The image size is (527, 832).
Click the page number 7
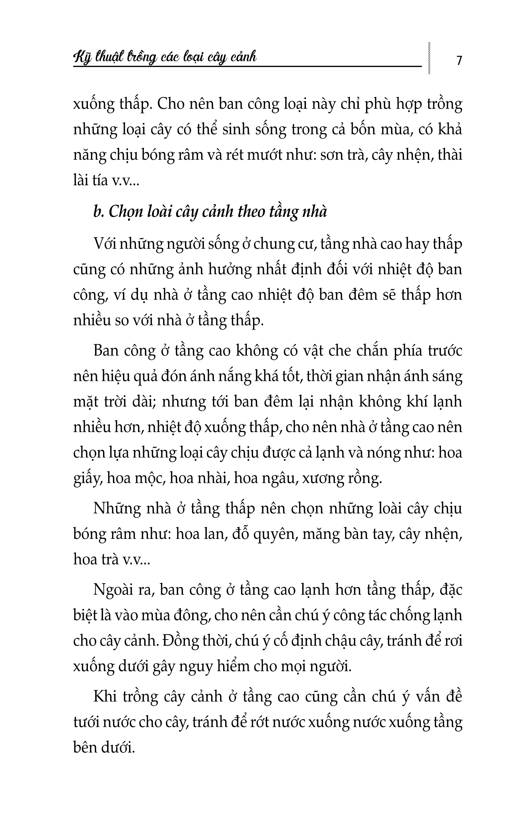459,60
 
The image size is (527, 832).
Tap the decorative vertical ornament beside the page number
429,58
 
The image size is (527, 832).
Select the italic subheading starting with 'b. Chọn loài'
210,211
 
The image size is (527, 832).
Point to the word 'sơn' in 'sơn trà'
331,155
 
